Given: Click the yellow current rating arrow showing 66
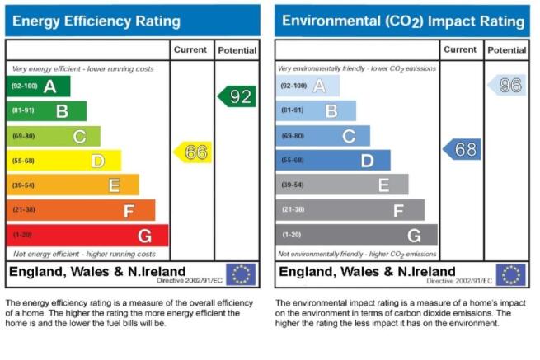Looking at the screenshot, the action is coord(193,152).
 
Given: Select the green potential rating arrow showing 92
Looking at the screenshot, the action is coord(237,96).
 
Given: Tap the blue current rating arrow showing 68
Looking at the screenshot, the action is coord(462,149).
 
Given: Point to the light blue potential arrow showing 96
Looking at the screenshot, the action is coord(507,85).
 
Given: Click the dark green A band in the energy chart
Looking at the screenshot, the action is coord(38,86).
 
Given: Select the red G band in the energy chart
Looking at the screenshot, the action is coord(87,236).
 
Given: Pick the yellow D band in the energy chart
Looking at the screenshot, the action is coord(63,161).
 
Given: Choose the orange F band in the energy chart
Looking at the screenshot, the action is coord(81,210).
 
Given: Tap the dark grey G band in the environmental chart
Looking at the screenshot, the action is coord(356,235).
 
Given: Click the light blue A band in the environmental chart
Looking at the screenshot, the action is coord(308,86).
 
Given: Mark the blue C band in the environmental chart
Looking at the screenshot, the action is coord(322,136).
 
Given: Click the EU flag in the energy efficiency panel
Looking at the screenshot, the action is coord(241,274).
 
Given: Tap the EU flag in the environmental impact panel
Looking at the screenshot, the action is coord(510,274).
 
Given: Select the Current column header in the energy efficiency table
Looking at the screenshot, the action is coord(190,50).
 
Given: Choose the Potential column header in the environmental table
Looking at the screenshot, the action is coord(506,50).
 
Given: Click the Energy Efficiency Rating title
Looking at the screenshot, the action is coord(96,21).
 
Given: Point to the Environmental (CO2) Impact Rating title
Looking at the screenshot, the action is coord(403,21).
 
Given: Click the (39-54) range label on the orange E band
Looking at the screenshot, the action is coord(23,185).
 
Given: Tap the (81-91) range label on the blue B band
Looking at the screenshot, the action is coord(293,110).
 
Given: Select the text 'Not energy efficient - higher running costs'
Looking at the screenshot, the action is coord(84,254).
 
